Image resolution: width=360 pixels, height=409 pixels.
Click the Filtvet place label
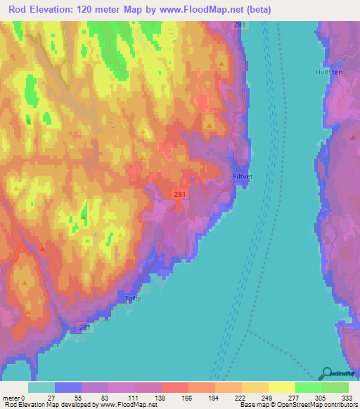[x=243, y=177]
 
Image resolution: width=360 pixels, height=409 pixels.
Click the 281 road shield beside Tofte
[x=84, y=327]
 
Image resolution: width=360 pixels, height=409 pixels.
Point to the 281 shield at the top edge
[x=240, y=25]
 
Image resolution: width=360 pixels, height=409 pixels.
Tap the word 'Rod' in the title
[x=19, y=9]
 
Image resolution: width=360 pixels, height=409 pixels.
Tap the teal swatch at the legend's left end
[x=41, y=387]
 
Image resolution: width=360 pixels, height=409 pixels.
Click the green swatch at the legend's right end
[x=335, y=387]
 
